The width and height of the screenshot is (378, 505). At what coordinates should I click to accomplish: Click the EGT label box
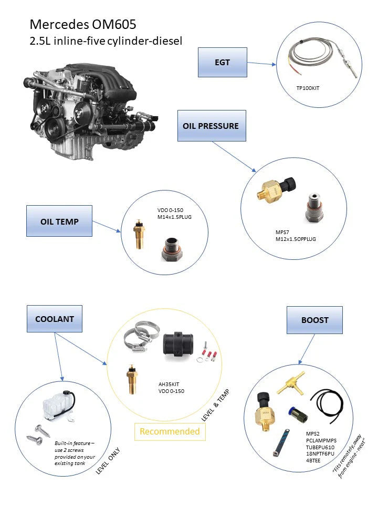tap(222, 62)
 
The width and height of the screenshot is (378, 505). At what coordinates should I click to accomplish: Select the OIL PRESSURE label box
tap(211, 126)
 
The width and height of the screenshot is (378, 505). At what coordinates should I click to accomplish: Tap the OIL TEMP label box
tap(59, 221)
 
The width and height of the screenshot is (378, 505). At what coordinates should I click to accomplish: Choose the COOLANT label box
tap(54, 319)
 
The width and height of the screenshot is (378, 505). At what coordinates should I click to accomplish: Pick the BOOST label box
tap(314, 319)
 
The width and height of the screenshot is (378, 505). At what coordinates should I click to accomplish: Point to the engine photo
tap(89, 110)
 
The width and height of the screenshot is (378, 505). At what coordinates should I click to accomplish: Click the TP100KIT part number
tap(308, 88)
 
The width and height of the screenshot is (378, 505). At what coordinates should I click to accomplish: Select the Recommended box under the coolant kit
tap(170, 431)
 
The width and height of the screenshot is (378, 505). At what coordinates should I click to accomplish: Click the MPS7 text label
tap(283, 231)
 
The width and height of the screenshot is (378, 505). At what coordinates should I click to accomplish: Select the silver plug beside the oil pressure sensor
tap(314, 207)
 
